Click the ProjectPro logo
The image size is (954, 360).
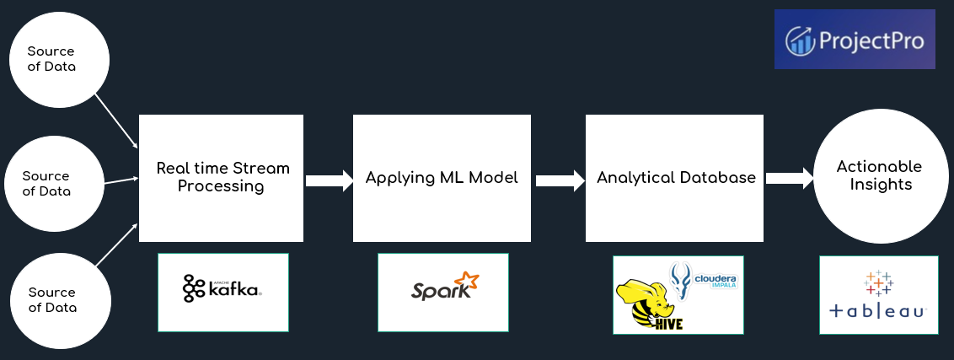pyautogui.click(x=855, y=40)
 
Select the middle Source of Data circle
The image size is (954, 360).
pyautogui.click(x=46, y=183)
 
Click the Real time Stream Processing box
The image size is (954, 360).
pyautogui.click(x=221, y=178)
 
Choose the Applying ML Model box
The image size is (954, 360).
pyautogui.click(x=442, y=178)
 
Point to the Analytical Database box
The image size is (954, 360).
pyautogui.click(x=676, y=178)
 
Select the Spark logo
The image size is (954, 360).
pyautogui.click(x=443, y=289)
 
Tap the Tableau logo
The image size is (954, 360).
pyautogui.click(x=878, y=294)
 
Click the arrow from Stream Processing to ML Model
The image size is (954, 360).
pyautogui.click(x=328, y=180)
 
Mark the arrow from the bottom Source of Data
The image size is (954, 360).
pyautogui.click(x=115, y=245)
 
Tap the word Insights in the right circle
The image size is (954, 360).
pyautogui.click(x=879, y=185)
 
